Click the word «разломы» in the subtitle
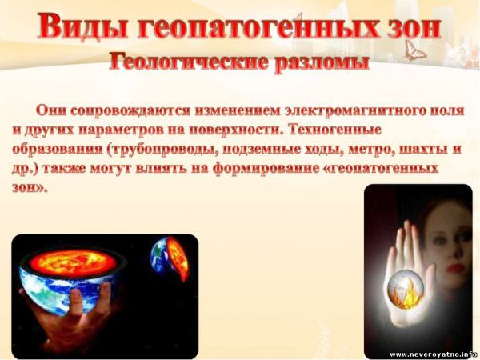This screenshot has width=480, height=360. [x=321, y=64]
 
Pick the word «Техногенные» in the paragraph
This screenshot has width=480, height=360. [x=335, y=130]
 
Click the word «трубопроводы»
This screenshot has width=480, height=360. [x=161, y=150]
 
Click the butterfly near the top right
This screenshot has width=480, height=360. [x=414, y=50]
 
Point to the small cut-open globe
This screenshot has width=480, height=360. [x=170, y=258]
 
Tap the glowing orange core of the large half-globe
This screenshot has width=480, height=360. [x=74, y=262]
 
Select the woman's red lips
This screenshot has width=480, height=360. [x=453, y=270]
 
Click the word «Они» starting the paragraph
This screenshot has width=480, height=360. [x=50, y=110]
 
